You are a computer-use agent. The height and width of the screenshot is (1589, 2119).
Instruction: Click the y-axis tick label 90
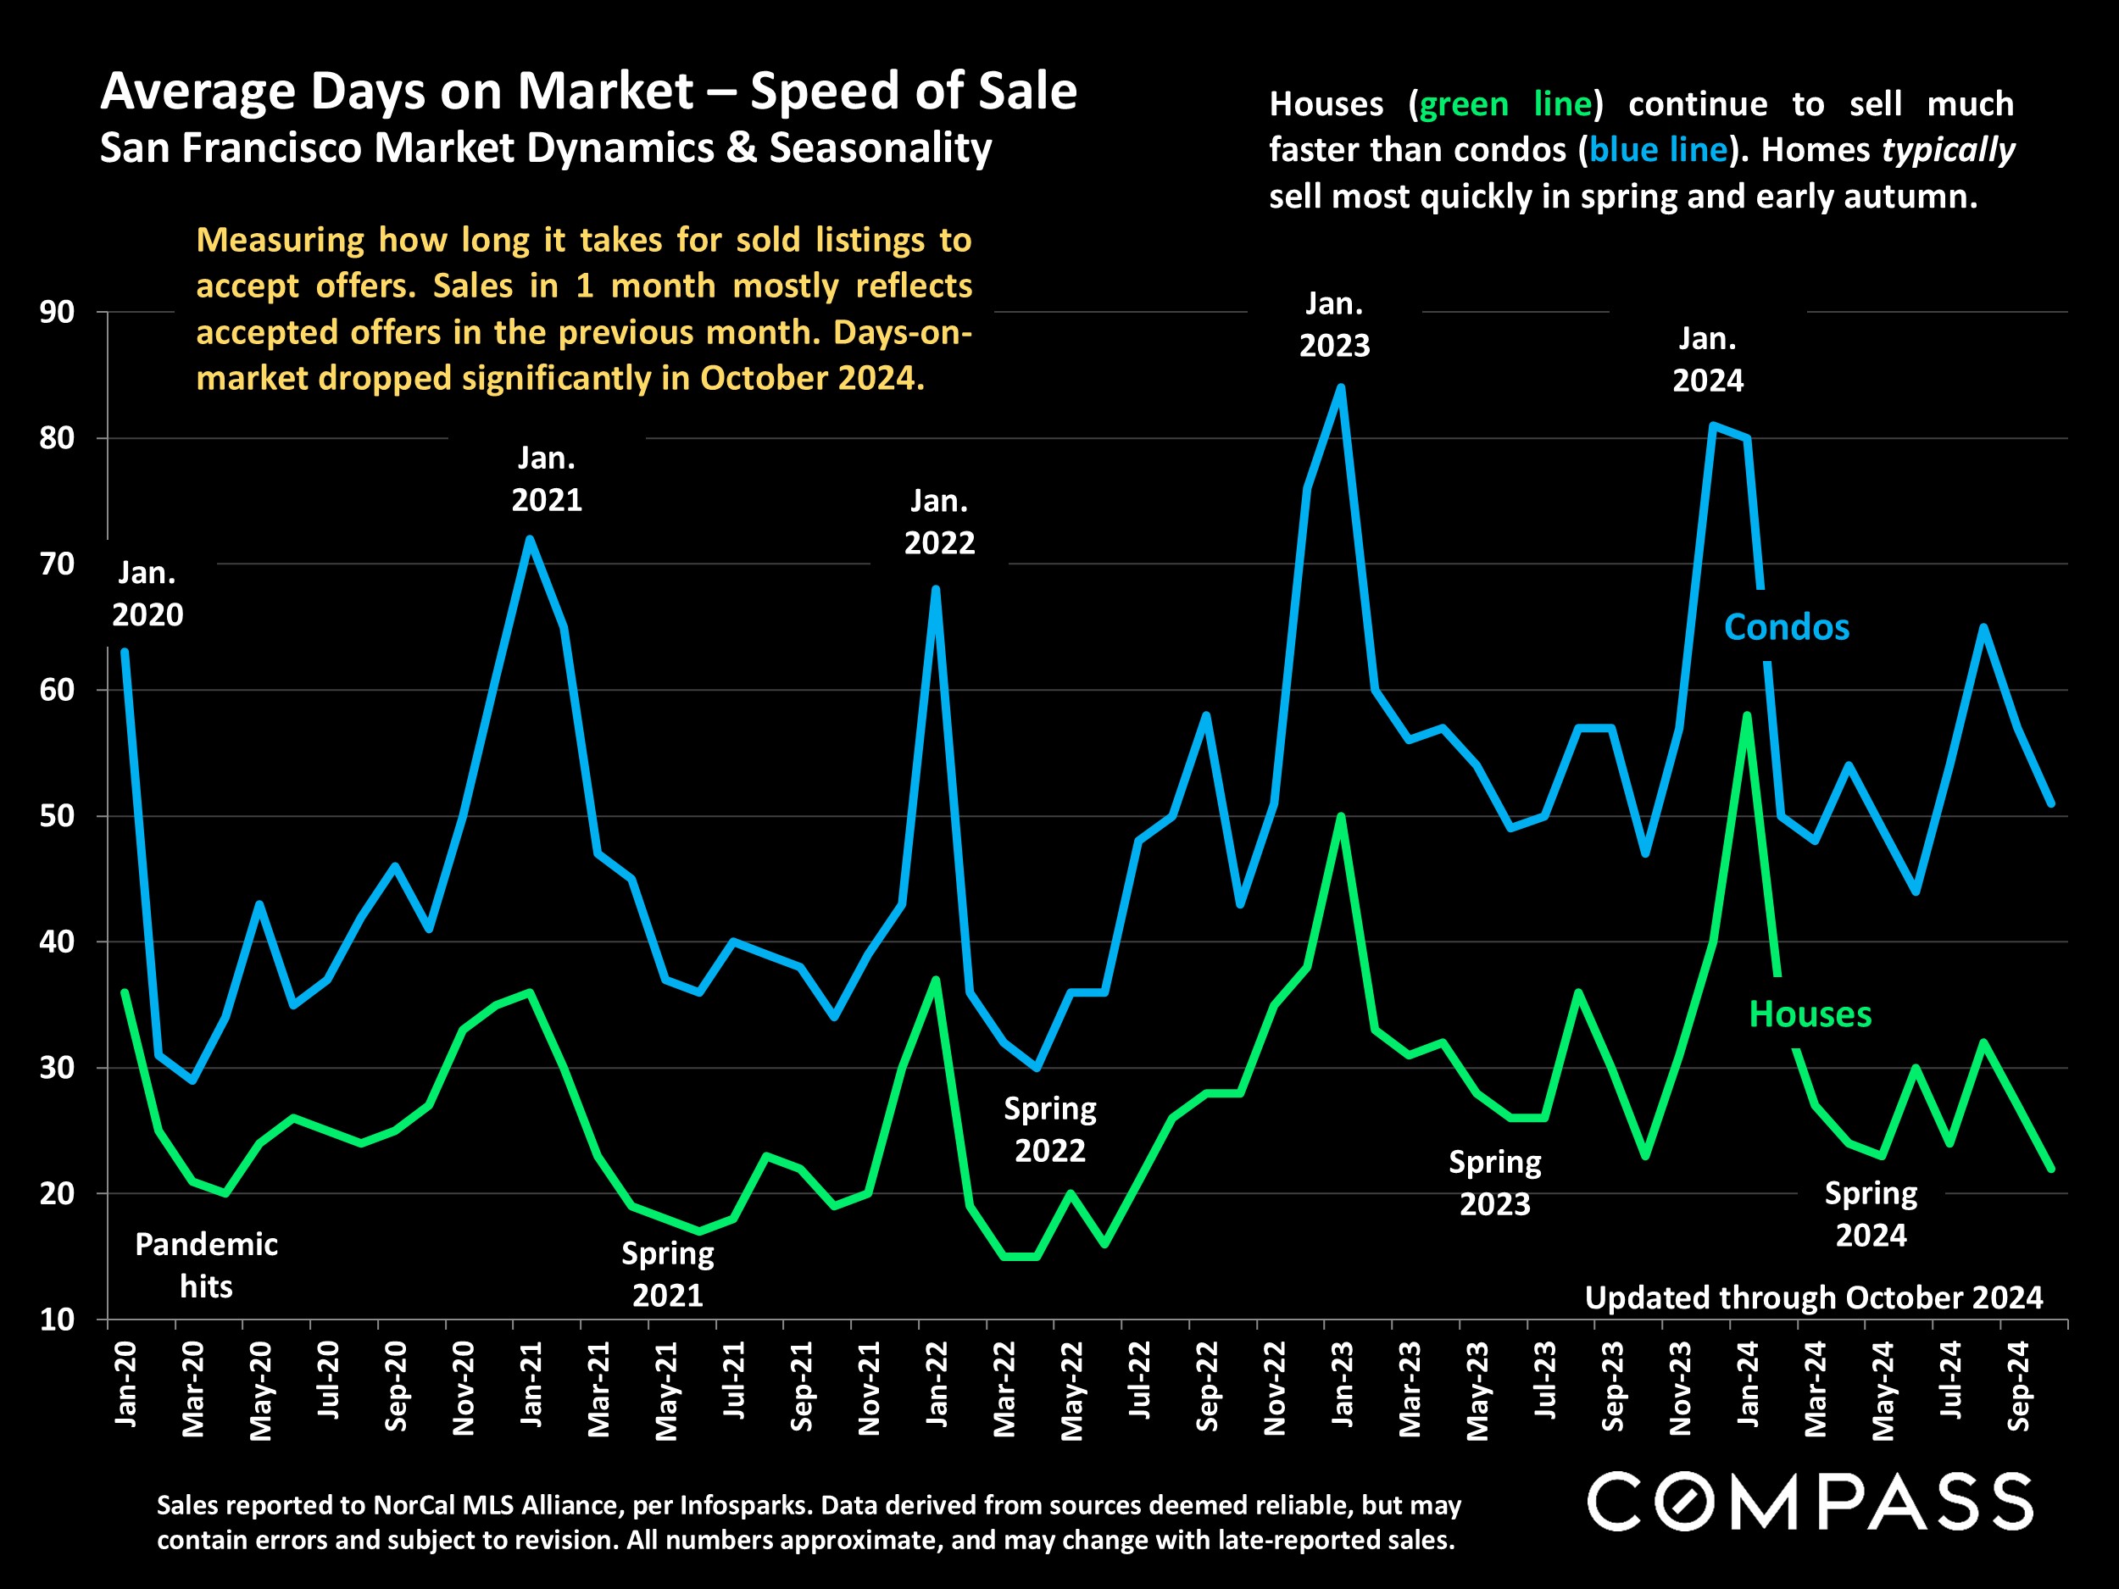pyautogui.click(x=57, y=312)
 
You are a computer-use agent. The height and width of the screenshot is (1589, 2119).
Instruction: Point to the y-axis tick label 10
pyautogui.click(x=57, y=1320)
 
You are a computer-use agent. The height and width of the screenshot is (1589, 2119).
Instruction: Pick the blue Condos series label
pyautogui.click(x=1786, y=627)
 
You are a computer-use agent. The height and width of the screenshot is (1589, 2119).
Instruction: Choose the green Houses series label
pyautogui.click(x=1810, y=1014)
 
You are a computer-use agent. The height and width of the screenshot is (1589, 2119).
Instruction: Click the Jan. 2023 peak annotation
pyautogui.click(x=1334, y=325)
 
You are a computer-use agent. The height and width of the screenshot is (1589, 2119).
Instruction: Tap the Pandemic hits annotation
pyautogui.click(x=206, y=1265)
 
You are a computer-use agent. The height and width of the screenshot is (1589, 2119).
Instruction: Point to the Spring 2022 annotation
pyautogui.click(x=1050, y=1130)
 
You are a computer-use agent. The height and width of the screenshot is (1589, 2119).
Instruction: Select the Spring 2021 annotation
pyautogui.click(x=668, y=1274)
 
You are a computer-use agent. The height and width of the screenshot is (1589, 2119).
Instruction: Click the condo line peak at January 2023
pyautogui.click(x=1340, y=388)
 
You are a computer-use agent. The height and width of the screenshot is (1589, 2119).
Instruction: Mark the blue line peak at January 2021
pyautogui.click(x=530, y=538)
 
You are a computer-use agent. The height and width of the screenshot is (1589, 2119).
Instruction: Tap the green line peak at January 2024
pyautogui.click(x=1747, y=715)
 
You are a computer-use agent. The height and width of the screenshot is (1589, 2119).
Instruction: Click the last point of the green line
pyautogui.click(x=2051, y=1169)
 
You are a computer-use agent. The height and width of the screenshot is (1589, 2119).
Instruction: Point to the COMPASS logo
pyautogui.click(x=1810, y=1502)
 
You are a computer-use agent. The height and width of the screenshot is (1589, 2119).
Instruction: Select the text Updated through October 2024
pyautogui.click(x=1813, y=1297)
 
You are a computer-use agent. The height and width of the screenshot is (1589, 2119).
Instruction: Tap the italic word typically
pyautogui.click(x=1949, y=150)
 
